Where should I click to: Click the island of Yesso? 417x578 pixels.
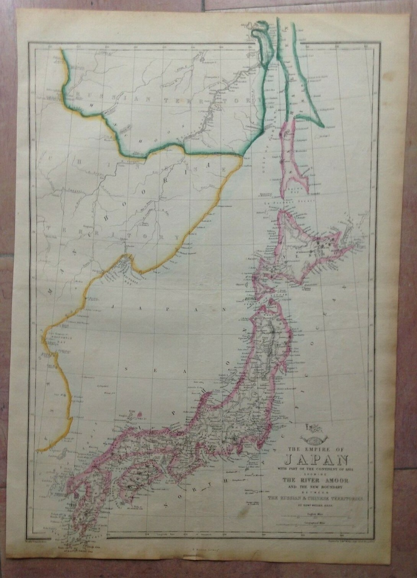coord(306,252)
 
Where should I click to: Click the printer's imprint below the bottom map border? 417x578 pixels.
coord(208,550)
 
